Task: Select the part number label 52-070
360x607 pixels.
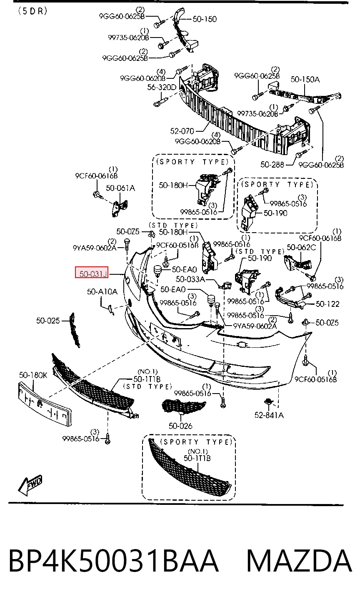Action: click(x=182, y=131)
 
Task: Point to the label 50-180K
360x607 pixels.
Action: click(x=33, y=375)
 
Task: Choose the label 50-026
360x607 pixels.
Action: click(x=180, y=426)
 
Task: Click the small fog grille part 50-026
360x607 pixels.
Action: click(x=183, y=406)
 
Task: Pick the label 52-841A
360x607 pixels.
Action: click(x=269, y=415)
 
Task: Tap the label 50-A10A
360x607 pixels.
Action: click(x=102, y=291)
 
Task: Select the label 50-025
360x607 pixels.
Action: click(x=48, y=321)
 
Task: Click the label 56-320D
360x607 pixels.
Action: click(x=162, y=87)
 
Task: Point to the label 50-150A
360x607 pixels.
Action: click(x=305, y=79)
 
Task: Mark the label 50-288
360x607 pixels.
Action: click(x=272, y=165)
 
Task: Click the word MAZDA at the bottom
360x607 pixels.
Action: click(x=299, y=561)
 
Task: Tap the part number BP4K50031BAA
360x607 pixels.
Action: click(x=114, y=561)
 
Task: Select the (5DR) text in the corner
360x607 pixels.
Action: click(x=33, y=11)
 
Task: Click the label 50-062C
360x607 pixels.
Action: click(x=301, y=247)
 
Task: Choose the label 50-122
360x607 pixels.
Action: click(x=327, y=304)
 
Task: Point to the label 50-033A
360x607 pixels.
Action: click(x=190, y=279)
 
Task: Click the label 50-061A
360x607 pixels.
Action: click(x=120, y=188)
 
